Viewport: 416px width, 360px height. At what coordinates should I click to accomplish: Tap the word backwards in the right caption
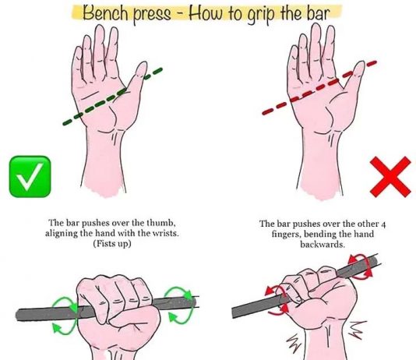click(323, 242)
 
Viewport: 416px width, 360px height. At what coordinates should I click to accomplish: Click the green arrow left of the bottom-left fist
click(65, 312)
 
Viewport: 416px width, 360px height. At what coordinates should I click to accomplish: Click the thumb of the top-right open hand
click(355, 77)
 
